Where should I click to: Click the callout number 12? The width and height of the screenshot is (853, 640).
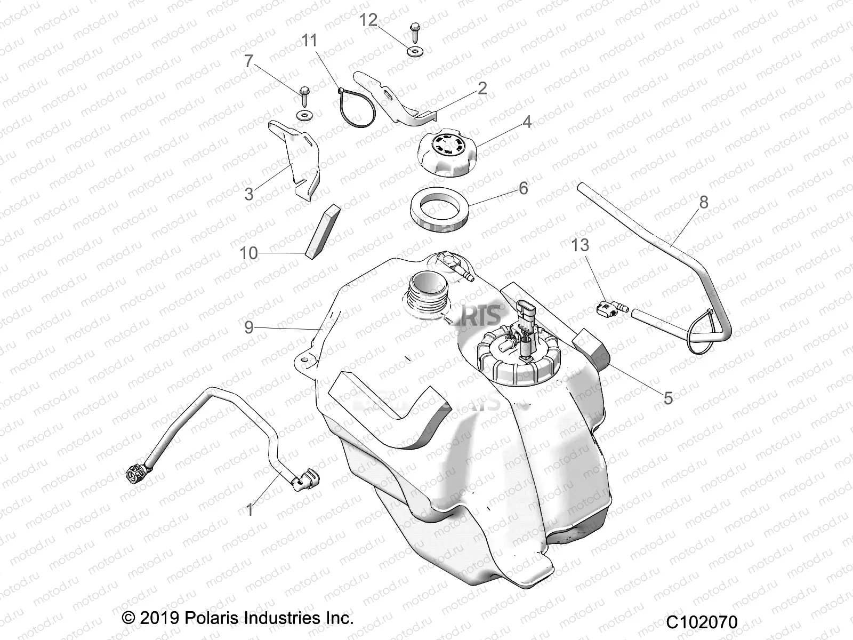368,20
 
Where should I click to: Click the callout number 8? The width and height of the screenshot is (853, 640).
703,202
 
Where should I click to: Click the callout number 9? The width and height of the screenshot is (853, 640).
248,327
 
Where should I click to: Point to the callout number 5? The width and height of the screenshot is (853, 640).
668,397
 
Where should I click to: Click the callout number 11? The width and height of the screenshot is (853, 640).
310,41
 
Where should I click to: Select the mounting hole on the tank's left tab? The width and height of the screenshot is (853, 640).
304,361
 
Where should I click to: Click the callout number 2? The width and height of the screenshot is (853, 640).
481,88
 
